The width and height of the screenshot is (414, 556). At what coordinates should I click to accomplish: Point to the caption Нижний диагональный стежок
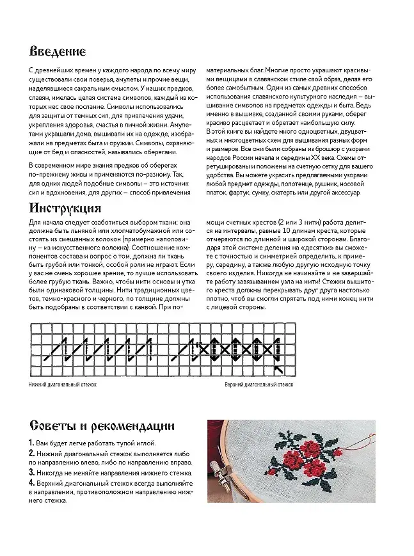click(61, 385)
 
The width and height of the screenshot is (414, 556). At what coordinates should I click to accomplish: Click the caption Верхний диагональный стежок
click(259, 385)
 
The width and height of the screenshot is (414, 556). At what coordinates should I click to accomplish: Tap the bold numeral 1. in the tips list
click(31, 443)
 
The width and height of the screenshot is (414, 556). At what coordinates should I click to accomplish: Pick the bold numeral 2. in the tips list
click(32, 453)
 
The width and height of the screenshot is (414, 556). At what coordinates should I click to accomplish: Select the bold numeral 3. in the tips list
click(32, 472)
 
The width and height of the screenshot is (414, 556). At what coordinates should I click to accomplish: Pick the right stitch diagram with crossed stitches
click(231, 349)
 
